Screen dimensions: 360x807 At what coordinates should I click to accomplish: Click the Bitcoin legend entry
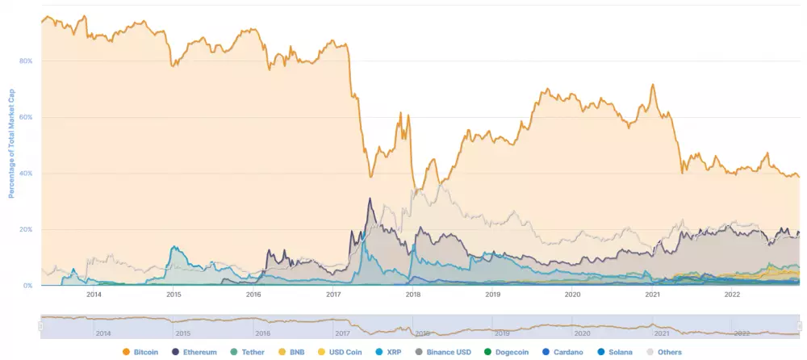pos(140,352)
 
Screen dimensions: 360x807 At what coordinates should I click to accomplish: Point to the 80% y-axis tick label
pos(26,61)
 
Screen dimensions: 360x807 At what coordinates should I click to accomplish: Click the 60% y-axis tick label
pos(26,117)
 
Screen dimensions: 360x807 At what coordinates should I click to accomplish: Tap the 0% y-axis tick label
pos(27,286)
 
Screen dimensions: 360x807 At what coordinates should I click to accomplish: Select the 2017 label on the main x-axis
pos(333,295)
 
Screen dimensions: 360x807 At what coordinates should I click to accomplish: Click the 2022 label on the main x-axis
pos(732,295)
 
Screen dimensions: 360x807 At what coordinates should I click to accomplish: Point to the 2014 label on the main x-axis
pos(94,295)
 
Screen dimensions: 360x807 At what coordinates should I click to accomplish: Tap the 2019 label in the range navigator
pos(502,333)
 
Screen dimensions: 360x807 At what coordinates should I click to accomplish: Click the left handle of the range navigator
pos(40,325)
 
